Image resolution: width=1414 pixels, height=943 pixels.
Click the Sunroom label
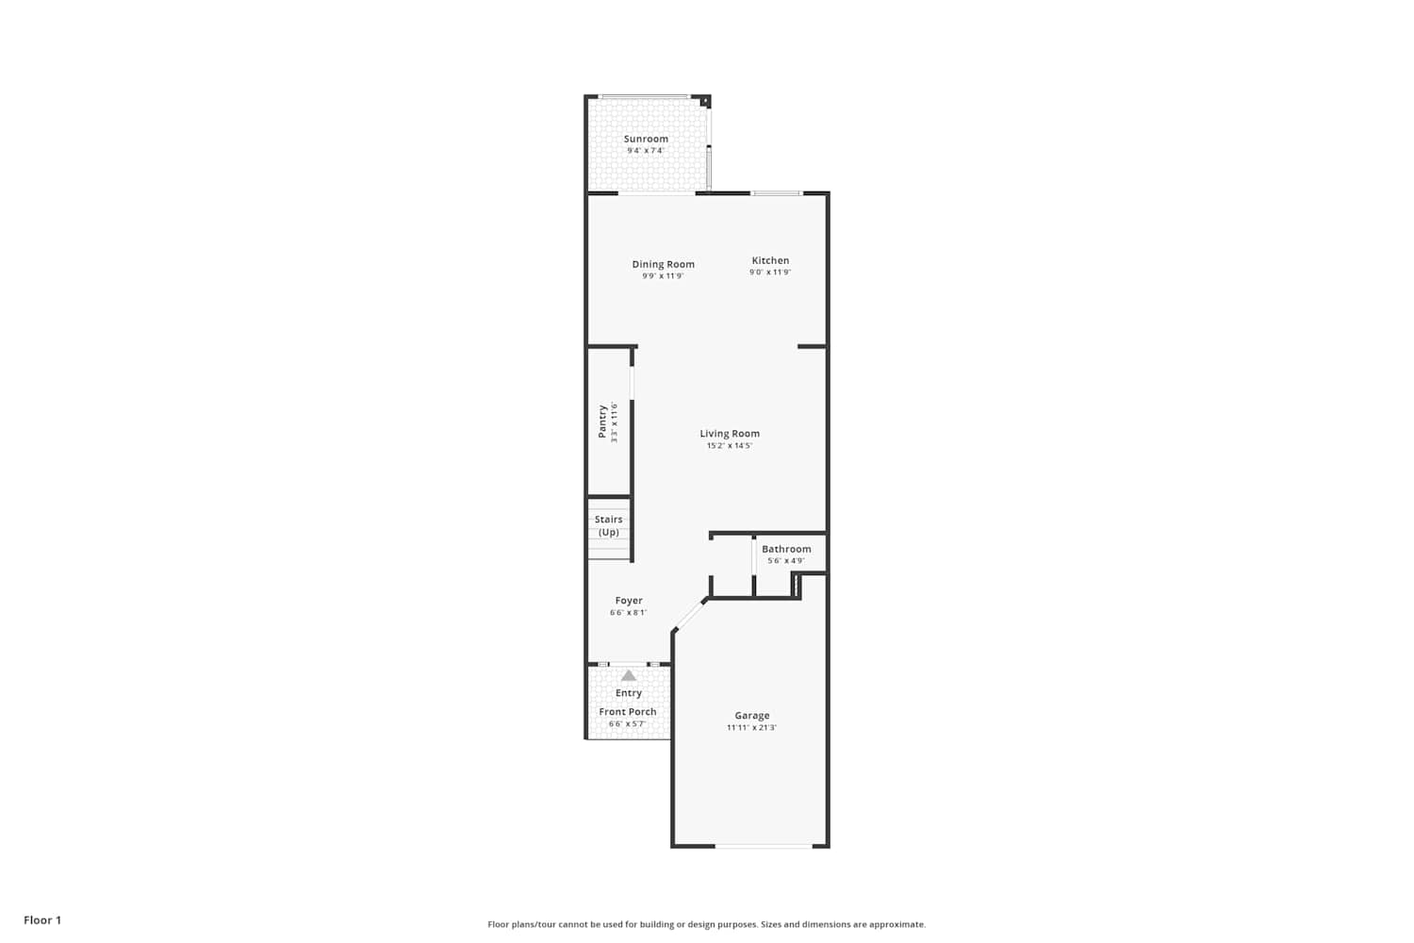coord(646,139)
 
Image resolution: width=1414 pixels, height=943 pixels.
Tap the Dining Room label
coord(664,264)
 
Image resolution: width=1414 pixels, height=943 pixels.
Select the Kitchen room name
coord(770,260)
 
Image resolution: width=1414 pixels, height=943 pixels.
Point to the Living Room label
coord(730,433)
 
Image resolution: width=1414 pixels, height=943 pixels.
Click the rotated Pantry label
coord(602,422)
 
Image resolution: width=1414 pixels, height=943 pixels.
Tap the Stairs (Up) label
coord(609,525)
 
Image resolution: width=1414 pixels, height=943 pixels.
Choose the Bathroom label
coord(786,549)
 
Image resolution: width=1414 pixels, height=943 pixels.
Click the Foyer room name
coord(629,601)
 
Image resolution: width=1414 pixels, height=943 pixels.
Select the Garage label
coord(752,716)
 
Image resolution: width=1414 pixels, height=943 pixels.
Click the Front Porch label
coord(628,712)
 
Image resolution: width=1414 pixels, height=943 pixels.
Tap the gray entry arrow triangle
coord(628,676)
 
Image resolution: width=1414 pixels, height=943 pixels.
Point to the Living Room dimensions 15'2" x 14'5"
coord(730,445)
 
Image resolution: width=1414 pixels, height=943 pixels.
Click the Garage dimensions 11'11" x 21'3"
coord(752,728)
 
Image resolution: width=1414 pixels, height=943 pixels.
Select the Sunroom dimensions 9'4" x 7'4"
coord(646,150)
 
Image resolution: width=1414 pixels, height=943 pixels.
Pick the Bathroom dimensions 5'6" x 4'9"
coord(786,561)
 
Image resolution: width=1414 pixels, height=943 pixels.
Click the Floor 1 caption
coord(42,920)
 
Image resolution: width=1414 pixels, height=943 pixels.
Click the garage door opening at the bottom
coord(764,846)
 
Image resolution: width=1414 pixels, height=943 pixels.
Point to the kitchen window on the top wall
coord(777,192)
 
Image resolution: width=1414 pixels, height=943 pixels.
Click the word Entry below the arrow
coord(629,693)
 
